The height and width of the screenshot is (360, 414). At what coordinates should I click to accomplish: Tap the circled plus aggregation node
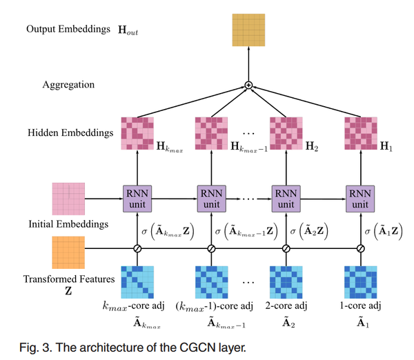248,86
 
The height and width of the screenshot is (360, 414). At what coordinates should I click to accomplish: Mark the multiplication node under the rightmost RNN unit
360,249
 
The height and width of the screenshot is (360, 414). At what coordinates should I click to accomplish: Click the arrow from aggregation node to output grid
248,66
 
